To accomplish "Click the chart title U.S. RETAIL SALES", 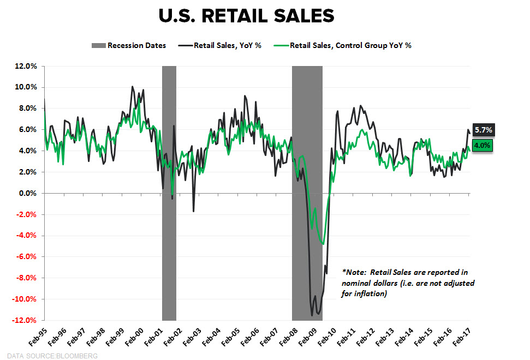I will point(246,16).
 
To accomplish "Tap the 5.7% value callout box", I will point(483,130).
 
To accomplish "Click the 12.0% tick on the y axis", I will point(26,66).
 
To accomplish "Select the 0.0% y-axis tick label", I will point(27,193).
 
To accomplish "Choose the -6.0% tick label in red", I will point(26,256).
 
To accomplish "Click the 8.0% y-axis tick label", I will point(27,109).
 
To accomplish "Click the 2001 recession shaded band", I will point(169,191).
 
